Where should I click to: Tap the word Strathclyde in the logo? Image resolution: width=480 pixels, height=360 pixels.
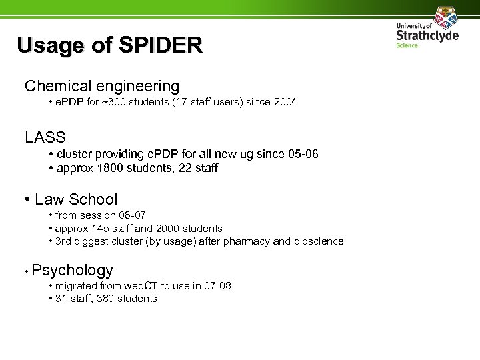[x=427, y=35]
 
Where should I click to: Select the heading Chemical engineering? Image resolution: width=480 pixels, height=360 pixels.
[x=102, y=86]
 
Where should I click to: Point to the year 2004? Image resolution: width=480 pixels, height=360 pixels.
[x=283, y=103]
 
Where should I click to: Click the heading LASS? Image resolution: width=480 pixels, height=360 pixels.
[x=45, y=138]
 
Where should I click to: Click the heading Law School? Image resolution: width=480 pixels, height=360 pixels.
[x=76, y=199]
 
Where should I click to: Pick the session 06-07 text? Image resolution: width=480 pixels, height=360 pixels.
[x=130, y=216]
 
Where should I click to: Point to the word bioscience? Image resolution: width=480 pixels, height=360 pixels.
[x=318, y=241]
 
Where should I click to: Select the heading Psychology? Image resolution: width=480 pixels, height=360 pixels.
[x=72, y=270]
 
